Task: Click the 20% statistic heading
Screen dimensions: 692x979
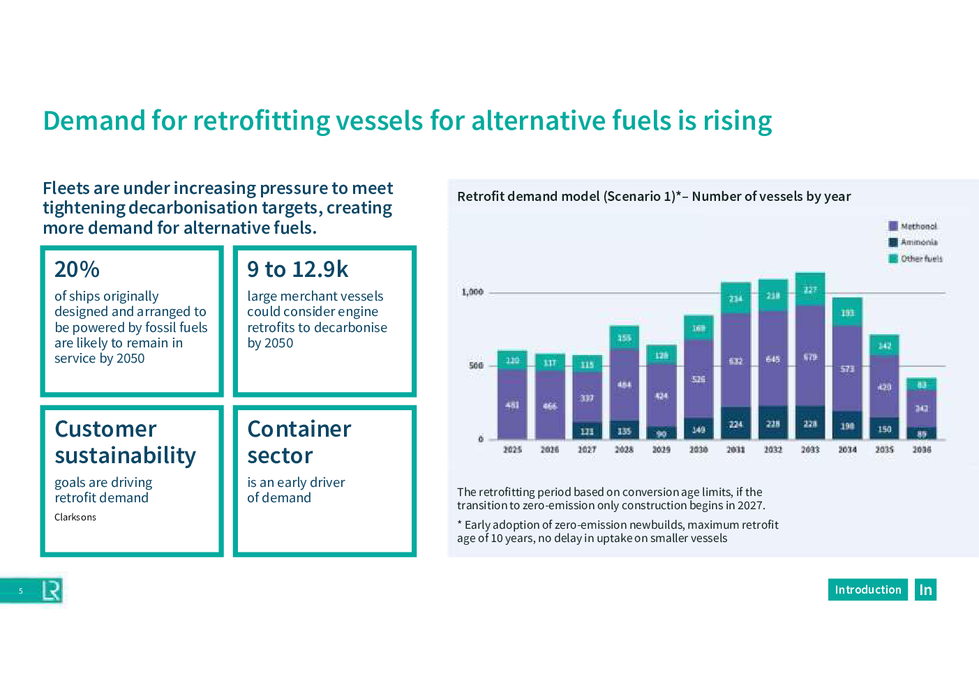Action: pyautogui.click(x=77, y=269)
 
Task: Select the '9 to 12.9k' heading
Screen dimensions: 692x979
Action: pyautogui.click(x=297, y=269)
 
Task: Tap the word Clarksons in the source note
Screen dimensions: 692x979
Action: pyautogui.click(x=75, y=517)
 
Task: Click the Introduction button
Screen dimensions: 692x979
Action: pyautogui.click(x=867, y=589)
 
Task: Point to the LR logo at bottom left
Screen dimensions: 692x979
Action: pyautogui.click(x=51, y=591)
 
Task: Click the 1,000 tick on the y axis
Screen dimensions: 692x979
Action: pyautogui.click(x=472, y=292)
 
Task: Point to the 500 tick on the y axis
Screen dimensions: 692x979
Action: pyautogui.click(x=476, y=366)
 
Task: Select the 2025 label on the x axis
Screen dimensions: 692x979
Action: pyautogui.click(x=512, y=450)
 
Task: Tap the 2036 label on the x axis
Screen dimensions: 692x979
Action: pyautogui.click(x=922, y=450)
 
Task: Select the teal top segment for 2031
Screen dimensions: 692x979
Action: pyautogui.click(x=735, y=298)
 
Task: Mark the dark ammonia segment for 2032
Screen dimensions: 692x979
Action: pyautogui.click(x=773, y=423)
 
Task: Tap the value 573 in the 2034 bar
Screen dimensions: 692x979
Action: pyautogui.click(x=847, y=369)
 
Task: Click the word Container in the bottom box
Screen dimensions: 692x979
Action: pyautogui.click(x=299, y=429)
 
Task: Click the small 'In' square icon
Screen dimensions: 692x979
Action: pyautogui.click(x=925, y=589)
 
